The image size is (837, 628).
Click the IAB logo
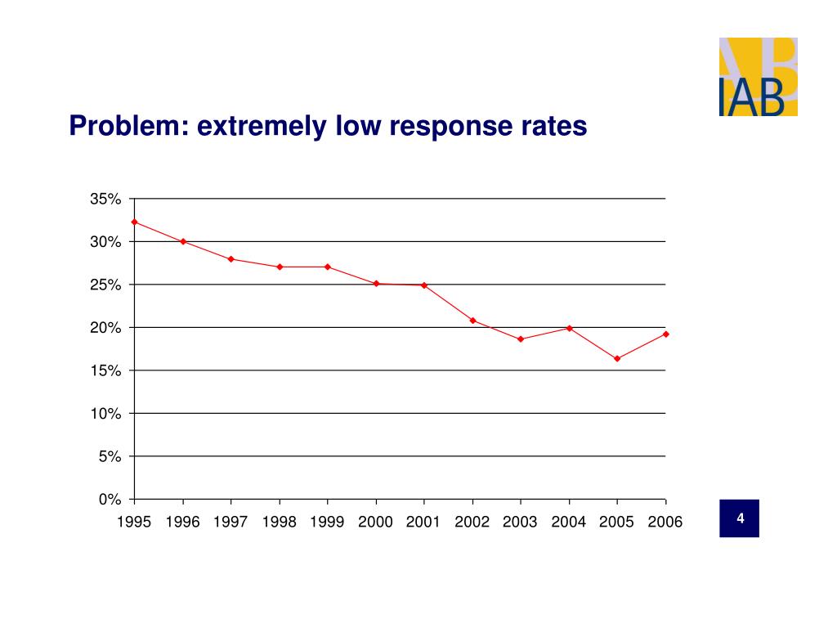(758, 77)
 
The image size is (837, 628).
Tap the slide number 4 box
(739, 518)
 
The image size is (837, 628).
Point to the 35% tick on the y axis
(106, 200)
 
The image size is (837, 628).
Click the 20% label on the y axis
(106, 328)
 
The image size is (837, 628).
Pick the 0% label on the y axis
(110, 500)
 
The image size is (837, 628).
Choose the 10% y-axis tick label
(106, 414)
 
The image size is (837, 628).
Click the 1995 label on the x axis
(134, 523)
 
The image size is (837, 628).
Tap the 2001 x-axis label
(423, 523)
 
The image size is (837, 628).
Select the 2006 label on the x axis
(665, 523)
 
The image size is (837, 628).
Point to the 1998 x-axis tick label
(279, 523)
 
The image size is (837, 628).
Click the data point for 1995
(134, 222)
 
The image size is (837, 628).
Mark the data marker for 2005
(617, 358)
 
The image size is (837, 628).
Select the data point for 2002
(472, 321)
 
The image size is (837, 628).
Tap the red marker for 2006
(665, 334)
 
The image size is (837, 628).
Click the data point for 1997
(231, 259)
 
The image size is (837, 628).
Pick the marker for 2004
(569, 328)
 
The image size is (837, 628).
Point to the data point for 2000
(376, 284)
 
